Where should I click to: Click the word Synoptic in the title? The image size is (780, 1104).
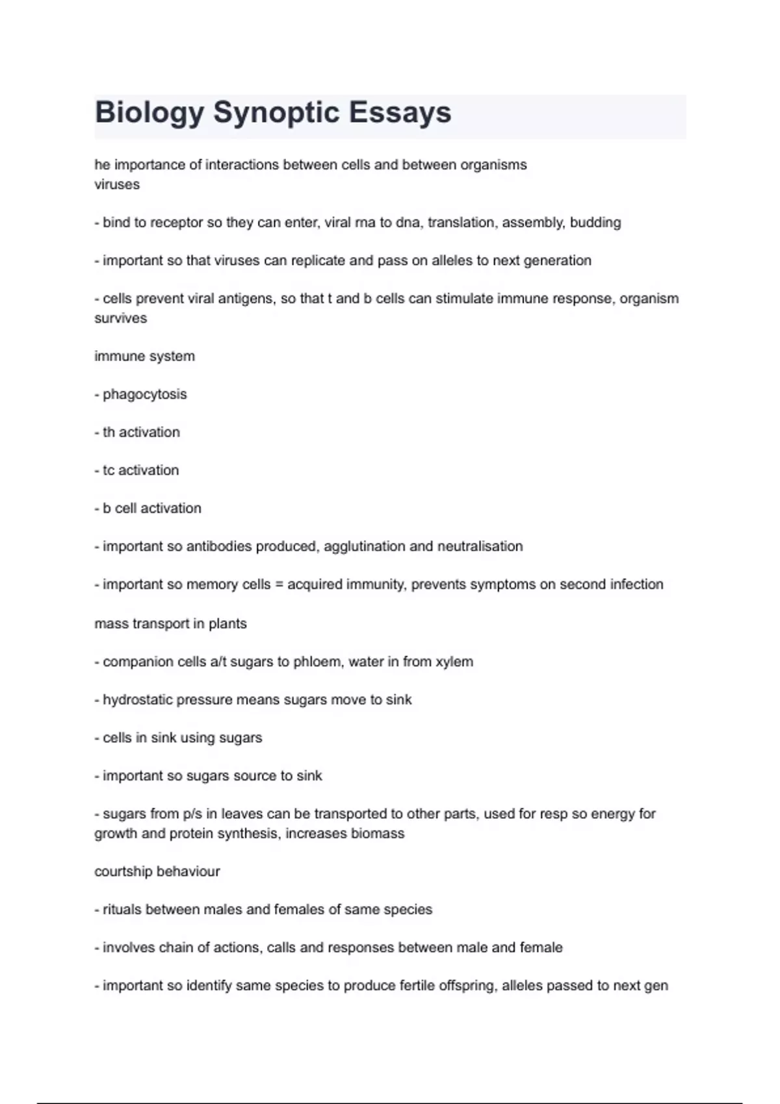pyautogui.click(x=276, y=112)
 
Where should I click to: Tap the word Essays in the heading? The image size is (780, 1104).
pyautogui.click(x=400, y=112)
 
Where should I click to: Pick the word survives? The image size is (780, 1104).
pyautogui.click(x=121, y=318)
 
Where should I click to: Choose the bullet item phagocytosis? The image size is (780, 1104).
pyautogui.click(x=144, y=394)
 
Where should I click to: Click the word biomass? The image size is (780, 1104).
pyautogui.click(x=378, y=833)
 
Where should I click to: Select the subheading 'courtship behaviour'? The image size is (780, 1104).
pyautogui.click(x=157, y=872)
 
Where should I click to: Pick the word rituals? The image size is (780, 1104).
pyautogui.click(x=122, y=910)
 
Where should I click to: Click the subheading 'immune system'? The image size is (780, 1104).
pyautogui.click(x=144, y=357)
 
